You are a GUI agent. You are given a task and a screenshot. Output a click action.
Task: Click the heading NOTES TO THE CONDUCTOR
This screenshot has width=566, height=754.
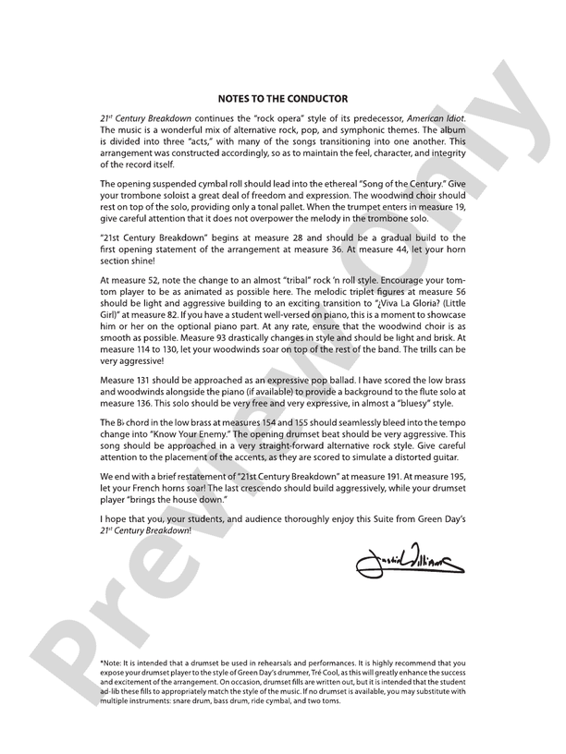[283, 98]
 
